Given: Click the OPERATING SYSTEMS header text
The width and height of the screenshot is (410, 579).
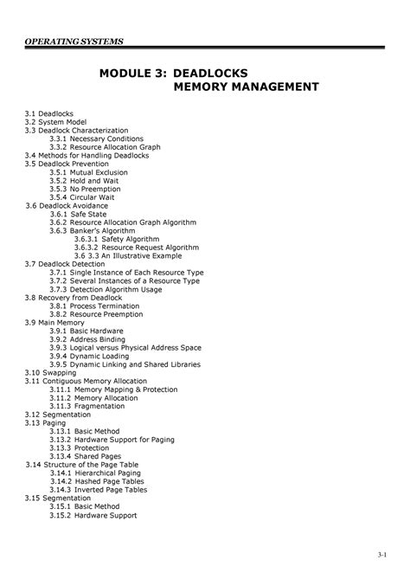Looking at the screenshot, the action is click(74, 42).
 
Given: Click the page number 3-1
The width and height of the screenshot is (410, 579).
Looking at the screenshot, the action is click(382, 554).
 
